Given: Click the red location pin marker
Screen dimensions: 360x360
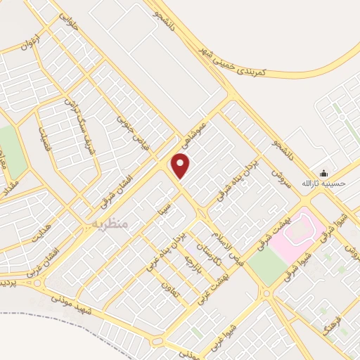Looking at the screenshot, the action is [x=181, y=167].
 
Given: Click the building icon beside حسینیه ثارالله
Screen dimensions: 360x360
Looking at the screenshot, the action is [x=323, y=173].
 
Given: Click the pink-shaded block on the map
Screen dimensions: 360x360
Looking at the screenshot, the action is [x=296, y=233].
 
